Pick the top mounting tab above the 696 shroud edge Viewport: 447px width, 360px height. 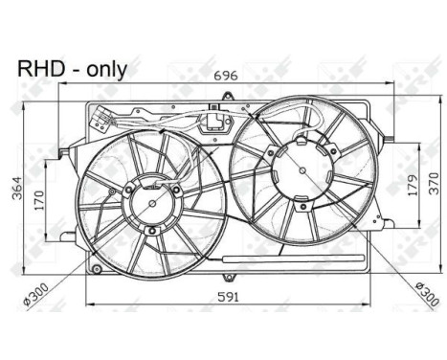pyautogui.click(x=227, y=93)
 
